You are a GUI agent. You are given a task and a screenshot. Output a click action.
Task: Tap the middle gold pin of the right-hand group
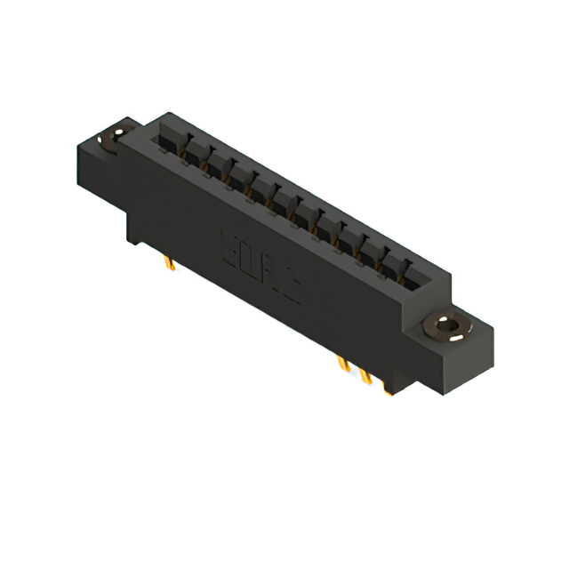coord(365,375)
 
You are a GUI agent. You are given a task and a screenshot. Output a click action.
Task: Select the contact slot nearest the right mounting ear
coord(416,267)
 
